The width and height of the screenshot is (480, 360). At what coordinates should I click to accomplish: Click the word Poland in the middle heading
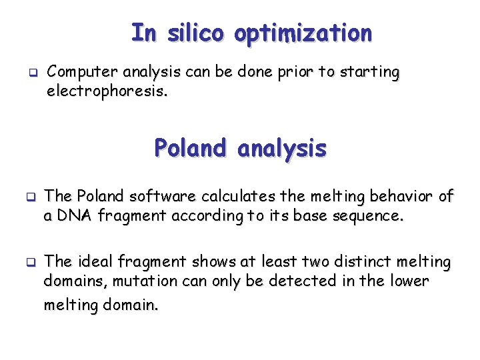coord(191,147)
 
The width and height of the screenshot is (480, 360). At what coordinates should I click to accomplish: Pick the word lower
coord(409,281)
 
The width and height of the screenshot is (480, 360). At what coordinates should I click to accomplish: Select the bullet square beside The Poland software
coord(30,197)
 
